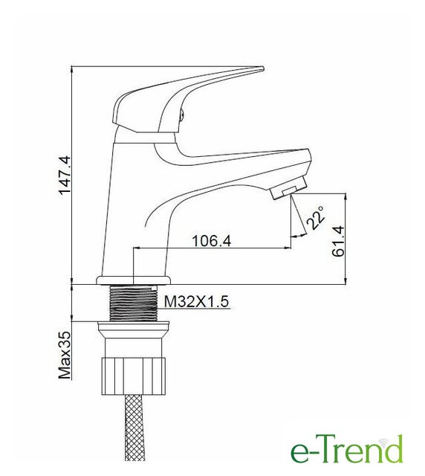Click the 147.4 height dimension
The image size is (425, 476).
tap(65, 175)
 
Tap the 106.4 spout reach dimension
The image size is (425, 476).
tap(212, 241)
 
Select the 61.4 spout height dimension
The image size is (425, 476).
tap(338, 241)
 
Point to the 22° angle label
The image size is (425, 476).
tap(316, 218)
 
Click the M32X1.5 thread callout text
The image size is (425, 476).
tap(196, 301)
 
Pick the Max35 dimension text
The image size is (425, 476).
tap(65, 356)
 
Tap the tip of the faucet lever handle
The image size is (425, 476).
tap(263, 68)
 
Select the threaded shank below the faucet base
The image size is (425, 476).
tap(134, 303)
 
